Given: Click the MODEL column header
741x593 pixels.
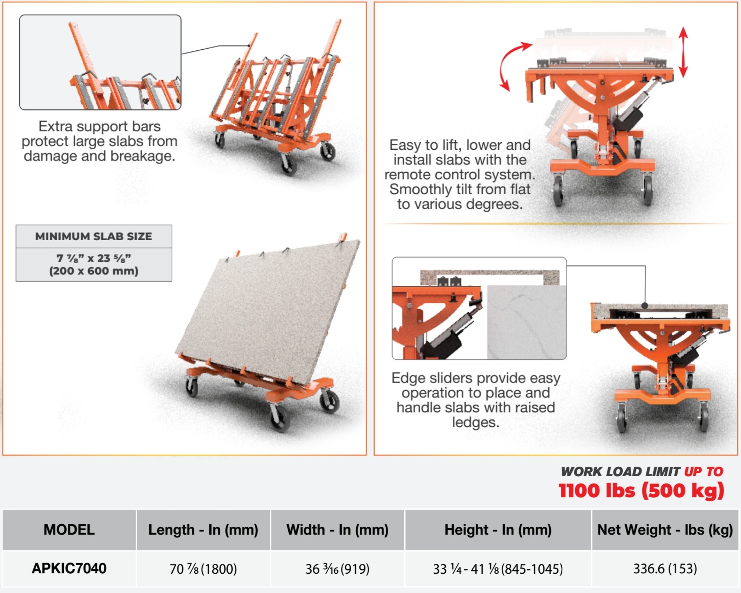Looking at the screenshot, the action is click(69, 530).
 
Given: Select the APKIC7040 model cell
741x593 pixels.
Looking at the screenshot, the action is click(69, 568).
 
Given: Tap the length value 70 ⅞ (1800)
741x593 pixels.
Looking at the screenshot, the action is click(203, 569).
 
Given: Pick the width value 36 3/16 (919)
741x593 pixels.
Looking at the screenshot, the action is click(337, 569).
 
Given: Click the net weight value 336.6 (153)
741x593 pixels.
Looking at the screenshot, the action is click(665, 569).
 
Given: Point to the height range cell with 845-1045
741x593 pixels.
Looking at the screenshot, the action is click(498, 569).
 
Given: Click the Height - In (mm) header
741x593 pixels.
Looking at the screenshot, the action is click(498, 530).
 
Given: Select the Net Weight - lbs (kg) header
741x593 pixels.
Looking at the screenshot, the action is click(665, 530).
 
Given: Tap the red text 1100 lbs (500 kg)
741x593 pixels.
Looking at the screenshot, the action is click(641, 491).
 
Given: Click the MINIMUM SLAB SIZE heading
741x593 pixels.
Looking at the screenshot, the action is click(94, 236).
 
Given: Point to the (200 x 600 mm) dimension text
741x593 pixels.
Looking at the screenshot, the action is click(94, 271).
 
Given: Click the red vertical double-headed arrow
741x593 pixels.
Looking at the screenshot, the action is click(683, 52).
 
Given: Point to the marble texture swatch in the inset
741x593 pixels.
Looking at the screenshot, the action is click(526, 322).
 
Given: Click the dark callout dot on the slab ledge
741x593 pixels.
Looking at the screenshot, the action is click(645, 306).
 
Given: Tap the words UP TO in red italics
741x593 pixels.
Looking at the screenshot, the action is click(704, 471).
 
